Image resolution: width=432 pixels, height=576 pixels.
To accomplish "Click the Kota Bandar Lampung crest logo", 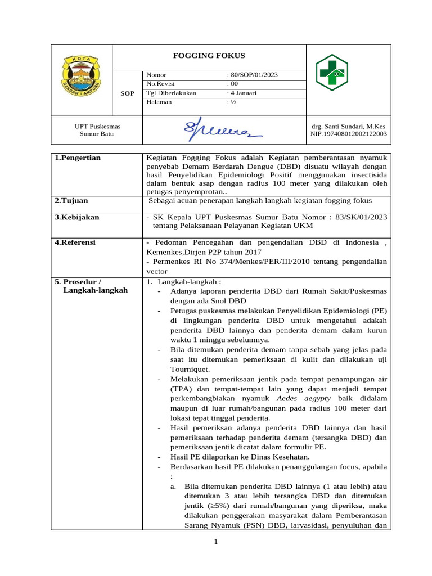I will (x=82, y=80).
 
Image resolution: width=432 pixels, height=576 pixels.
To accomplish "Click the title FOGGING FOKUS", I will (x=209, y=56).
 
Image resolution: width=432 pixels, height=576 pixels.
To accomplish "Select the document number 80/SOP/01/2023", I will (x=253, y=75).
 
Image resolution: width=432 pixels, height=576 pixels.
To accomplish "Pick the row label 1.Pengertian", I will (x=78, y=158).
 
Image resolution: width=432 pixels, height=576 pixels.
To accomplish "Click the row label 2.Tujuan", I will (x=71, y=200).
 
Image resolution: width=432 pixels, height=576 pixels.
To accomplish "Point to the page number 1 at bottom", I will (x=215, y=542).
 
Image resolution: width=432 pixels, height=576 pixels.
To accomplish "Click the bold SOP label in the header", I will (x=128, y=93).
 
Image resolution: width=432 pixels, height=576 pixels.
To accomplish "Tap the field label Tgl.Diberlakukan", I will (x=171, y=93).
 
